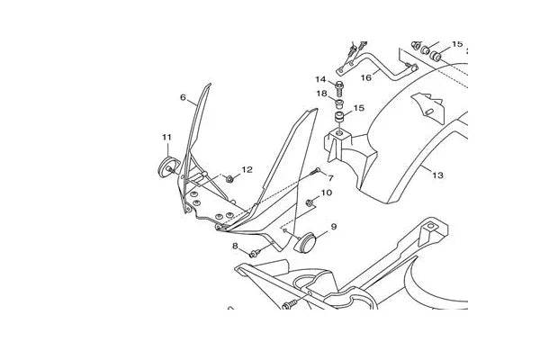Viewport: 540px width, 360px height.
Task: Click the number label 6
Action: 183,97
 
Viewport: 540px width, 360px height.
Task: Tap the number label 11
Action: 166,137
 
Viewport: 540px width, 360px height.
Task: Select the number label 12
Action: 247,169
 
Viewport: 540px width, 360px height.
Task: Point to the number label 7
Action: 330,178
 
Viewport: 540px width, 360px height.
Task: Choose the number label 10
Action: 326,193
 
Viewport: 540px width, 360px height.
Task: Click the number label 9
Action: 333,227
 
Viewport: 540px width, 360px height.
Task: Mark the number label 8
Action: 235,246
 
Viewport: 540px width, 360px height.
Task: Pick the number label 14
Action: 320,79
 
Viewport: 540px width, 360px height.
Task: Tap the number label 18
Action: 321,94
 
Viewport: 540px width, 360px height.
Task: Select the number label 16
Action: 366,78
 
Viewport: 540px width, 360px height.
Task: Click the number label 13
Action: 437,175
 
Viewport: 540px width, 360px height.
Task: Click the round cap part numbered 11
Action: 168,167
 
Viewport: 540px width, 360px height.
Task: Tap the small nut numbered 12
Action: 229,179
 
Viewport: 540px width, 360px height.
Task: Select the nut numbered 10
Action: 310,202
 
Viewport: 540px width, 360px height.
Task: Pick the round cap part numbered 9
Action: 305,243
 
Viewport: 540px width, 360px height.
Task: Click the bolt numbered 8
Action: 255,254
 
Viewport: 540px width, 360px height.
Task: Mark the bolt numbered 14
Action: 339,89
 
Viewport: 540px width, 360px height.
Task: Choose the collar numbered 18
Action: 339,103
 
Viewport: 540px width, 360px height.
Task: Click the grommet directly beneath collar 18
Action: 339,117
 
